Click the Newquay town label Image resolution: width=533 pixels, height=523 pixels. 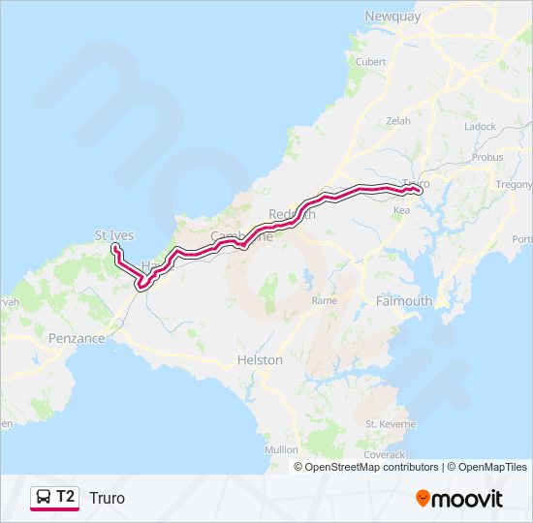(390, 15)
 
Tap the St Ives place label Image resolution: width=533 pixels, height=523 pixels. (113, 235)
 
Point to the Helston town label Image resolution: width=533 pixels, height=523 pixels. (260, 360)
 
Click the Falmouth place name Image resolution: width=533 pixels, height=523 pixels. (403, 301)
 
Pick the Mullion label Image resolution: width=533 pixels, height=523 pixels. (282, 450)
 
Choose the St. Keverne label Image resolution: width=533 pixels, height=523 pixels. (390, 424)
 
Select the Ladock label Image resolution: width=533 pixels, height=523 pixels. (480, 127)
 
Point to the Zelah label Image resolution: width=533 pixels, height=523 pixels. (398, 120)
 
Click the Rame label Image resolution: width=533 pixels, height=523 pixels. (324, 301)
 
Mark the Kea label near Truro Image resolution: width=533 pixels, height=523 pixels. (402, 209)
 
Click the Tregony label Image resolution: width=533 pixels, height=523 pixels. (515, 184)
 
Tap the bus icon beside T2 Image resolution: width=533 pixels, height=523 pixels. (43, 498)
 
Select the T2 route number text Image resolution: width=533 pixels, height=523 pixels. (65, 497)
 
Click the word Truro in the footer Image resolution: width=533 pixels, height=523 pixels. (107, 498)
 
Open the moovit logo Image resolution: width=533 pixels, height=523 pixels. (459, 498)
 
